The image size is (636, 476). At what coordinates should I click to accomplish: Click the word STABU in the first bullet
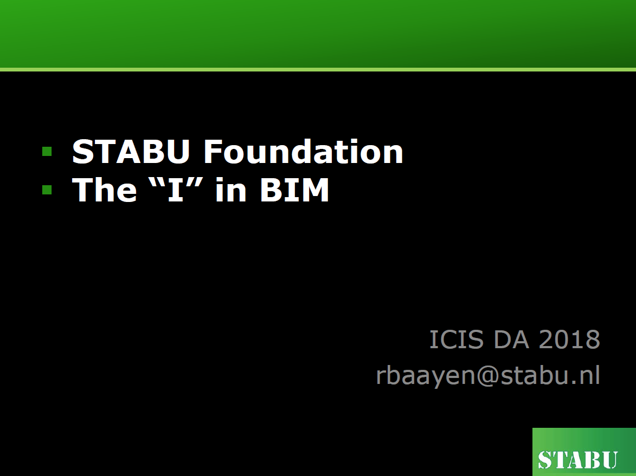131,152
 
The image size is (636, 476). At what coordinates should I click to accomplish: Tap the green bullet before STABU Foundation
47,152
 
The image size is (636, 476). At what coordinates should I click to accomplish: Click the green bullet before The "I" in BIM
47,190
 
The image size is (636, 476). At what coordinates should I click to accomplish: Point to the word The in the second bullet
104,190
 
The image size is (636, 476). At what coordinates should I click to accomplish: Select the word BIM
294,190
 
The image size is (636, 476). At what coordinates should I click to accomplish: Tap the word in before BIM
231,190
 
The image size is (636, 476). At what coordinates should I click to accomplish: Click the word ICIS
457,339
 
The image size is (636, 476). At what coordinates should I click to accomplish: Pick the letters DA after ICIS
511,339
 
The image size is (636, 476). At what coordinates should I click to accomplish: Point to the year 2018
569,339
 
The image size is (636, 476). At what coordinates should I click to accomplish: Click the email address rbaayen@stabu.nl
488,375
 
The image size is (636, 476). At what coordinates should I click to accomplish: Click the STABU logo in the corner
584,452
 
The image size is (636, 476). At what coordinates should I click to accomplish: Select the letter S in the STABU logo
545,460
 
